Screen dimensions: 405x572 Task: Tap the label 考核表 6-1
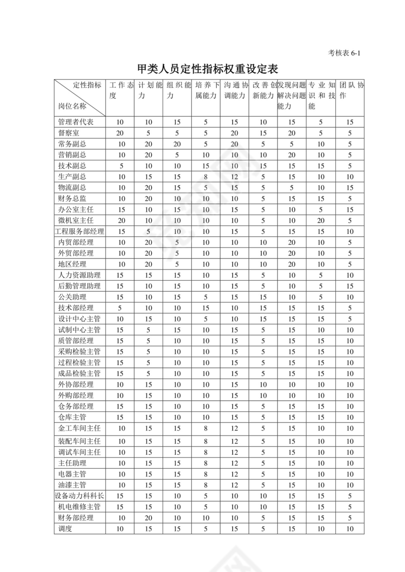click(344, 53)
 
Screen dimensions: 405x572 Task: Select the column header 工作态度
click(120, 90)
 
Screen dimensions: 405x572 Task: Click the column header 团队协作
click(351, 90)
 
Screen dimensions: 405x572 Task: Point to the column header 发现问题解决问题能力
click(292, 95)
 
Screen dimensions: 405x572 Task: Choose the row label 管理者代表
click(76, 122)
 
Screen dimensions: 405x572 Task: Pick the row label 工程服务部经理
click(80, 231)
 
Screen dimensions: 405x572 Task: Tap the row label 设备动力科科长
click(80, 496)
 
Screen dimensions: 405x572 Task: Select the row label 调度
click(65, 529)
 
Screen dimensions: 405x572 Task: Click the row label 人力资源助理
click(80, 275)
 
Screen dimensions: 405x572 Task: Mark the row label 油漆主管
click(72, 485)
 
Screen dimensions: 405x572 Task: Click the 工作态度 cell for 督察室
click(120, 133)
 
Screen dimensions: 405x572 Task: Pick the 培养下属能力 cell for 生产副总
click(206, 176)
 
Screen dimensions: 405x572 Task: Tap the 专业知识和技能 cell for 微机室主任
click(321, 220)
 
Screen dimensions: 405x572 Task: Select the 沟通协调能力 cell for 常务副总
click(234, 144)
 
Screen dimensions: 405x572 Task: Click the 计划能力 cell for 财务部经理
click(148, 518)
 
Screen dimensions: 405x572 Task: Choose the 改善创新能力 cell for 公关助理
click(263, 297)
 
